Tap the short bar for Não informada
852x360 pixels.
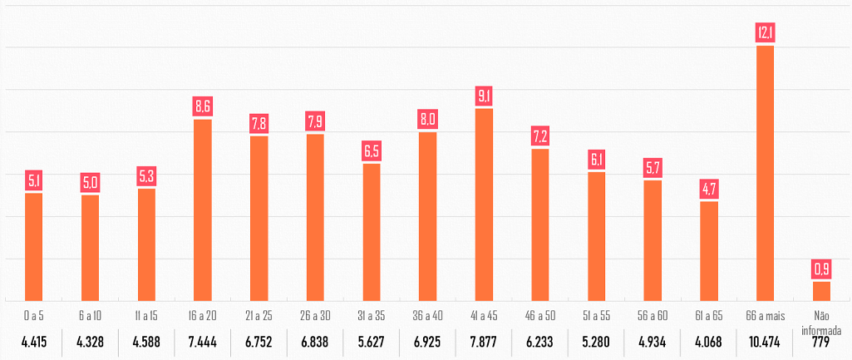pos(821,291)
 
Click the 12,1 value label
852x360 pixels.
pos(766,33)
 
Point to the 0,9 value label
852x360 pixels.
pos(821,269)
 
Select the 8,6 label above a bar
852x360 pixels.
pos(203,106)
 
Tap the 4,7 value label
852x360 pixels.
pos(709,188)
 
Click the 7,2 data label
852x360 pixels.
pos(540,136)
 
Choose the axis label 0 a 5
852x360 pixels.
pos(33,315)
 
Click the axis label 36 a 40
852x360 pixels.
pos(427,315)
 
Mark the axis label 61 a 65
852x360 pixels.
pos(709,315)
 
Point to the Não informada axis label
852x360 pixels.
pos(821,320)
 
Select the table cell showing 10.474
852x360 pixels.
pos(766,343)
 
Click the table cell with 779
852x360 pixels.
pos(821,343)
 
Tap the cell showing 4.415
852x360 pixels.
pos(33,343)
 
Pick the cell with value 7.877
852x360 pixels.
pos(484,343)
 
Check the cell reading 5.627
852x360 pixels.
pos(372,343)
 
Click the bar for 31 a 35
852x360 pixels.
pos(372,232)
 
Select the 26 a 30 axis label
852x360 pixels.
pos(315,315)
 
